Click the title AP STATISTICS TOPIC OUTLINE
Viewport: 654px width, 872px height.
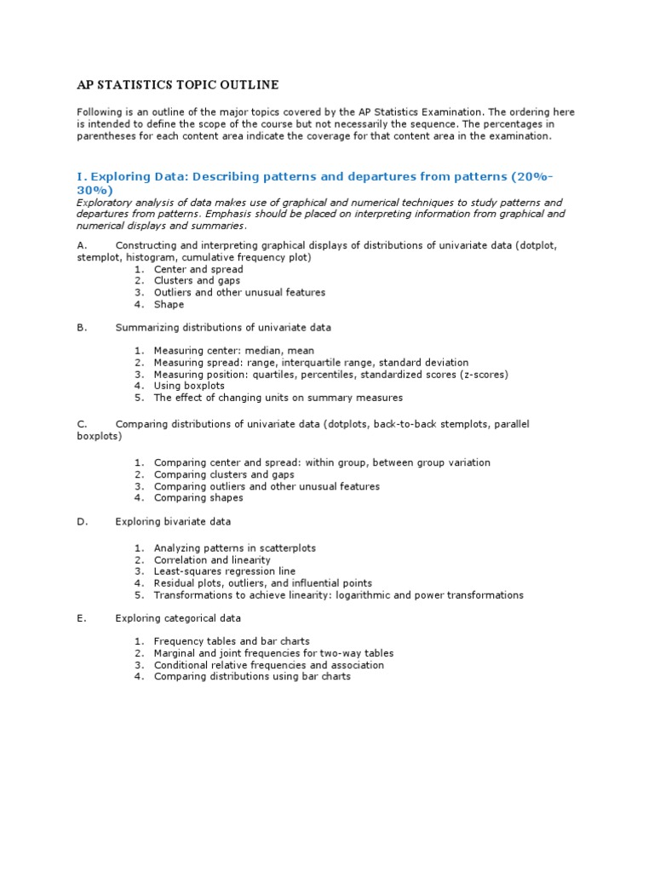(x=177, y=85)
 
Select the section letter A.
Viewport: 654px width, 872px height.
(x=81, y=245)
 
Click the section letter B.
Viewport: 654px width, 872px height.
(x=81, y=327)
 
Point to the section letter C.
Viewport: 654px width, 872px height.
(x=81, y=424)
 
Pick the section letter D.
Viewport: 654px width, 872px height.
(x=82, y=521)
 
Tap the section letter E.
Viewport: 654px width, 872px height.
(x=81, y=618)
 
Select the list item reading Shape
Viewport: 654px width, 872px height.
(x=169, y=304)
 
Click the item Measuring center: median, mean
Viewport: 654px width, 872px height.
(x=233, y=350)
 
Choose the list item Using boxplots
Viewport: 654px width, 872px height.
(x=189, y=386)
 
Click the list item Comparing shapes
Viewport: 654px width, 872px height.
(x=198, y=497)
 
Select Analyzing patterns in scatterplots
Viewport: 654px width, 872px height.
(x=234, y=548)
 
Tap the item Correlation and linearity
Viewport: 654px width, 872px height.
(x=212, y=560)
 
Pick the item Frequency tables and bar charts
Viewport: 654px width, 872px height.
(x=232, y=641)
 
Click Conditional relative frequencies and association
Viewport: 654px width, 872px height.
(x=268, y=665)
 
